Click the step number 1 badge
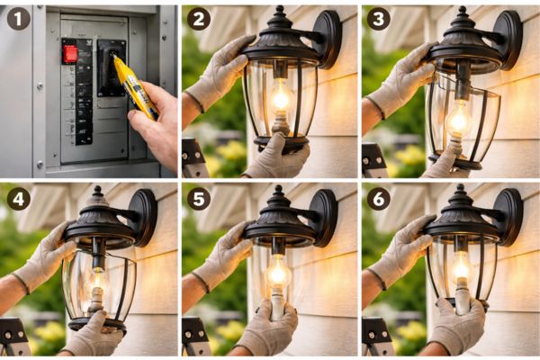(x=18, y=18)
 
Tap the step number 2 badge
(x=198, y=18)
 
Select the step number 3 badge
(x=378, y=18)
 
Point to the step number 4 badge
(x=18, y=198)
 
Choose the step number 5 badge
(x=198, y=198)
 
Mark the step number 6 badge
(x=378, y=198)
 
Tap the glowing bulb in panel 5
(x=278, y=273)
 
